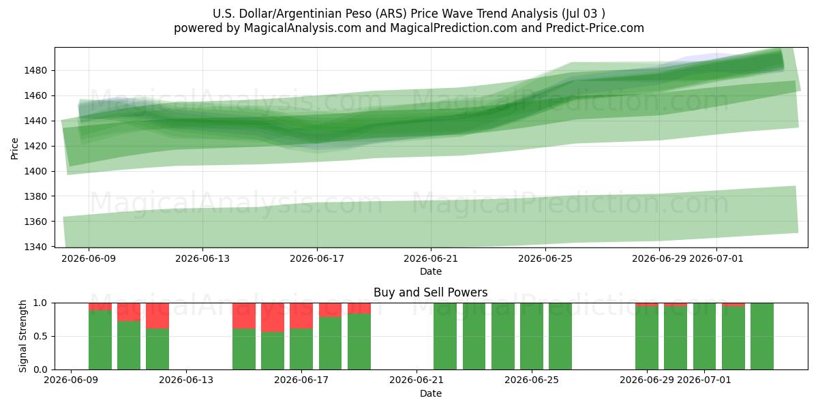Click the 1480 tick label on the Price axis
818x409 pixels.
coord(35,70)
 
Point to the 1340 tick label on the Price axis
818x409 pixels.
coord(35,247)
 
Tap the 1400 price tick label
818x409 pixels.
coord(35,171)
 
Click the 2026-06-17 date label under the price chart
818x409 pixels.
coord(317,258)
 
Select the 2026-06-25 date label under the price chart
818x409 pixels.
coord(545,258)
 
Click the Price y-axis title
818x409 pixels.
coord(14,149)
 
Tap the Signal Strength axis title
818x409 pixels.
coord(22,336)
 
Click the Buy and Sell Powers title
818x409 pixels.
coord(431,292)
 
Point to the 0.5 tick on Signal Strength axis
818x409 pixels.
coord(40,336)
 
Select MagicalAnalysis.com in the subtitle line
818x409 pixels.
coord(303,28)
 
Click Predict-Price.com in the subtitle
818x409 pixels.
coord(595,28)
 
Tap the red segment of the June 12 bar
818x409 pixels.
coord(157,316)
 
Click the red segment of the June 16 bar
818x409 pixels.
coord(273,318)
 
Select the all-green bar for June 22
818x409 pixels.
coord(445,336)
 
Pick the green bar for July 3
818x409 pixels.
coord(762,336)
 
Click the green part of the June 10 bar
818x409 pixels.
coord(100,340)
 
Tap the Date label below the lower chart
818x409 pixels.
coord(431,393)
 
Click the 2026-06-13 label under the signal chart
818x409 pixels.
coord(186,380)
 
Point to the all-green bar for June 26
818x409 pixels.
coord(560,336)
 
